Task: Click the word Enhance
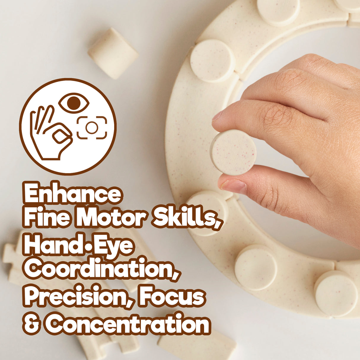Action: [x=73, y=193]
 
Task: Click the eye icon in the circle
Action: [x=74, y=103]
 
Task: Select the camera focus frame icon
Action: [x=92, y=128]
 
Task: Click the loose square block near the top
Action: [x=113, y=53]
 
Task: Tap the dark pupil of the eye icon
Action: [x=74, y=103]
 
